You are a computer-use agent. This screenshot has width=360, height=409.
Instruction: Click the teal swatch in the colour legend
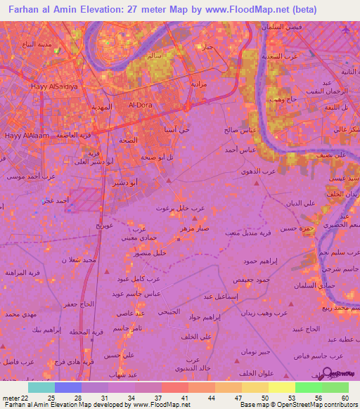click(x=41, y=387)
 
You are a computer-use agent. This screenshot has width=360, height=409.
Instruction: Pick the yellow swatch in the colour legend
click(x=281, y=387)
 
